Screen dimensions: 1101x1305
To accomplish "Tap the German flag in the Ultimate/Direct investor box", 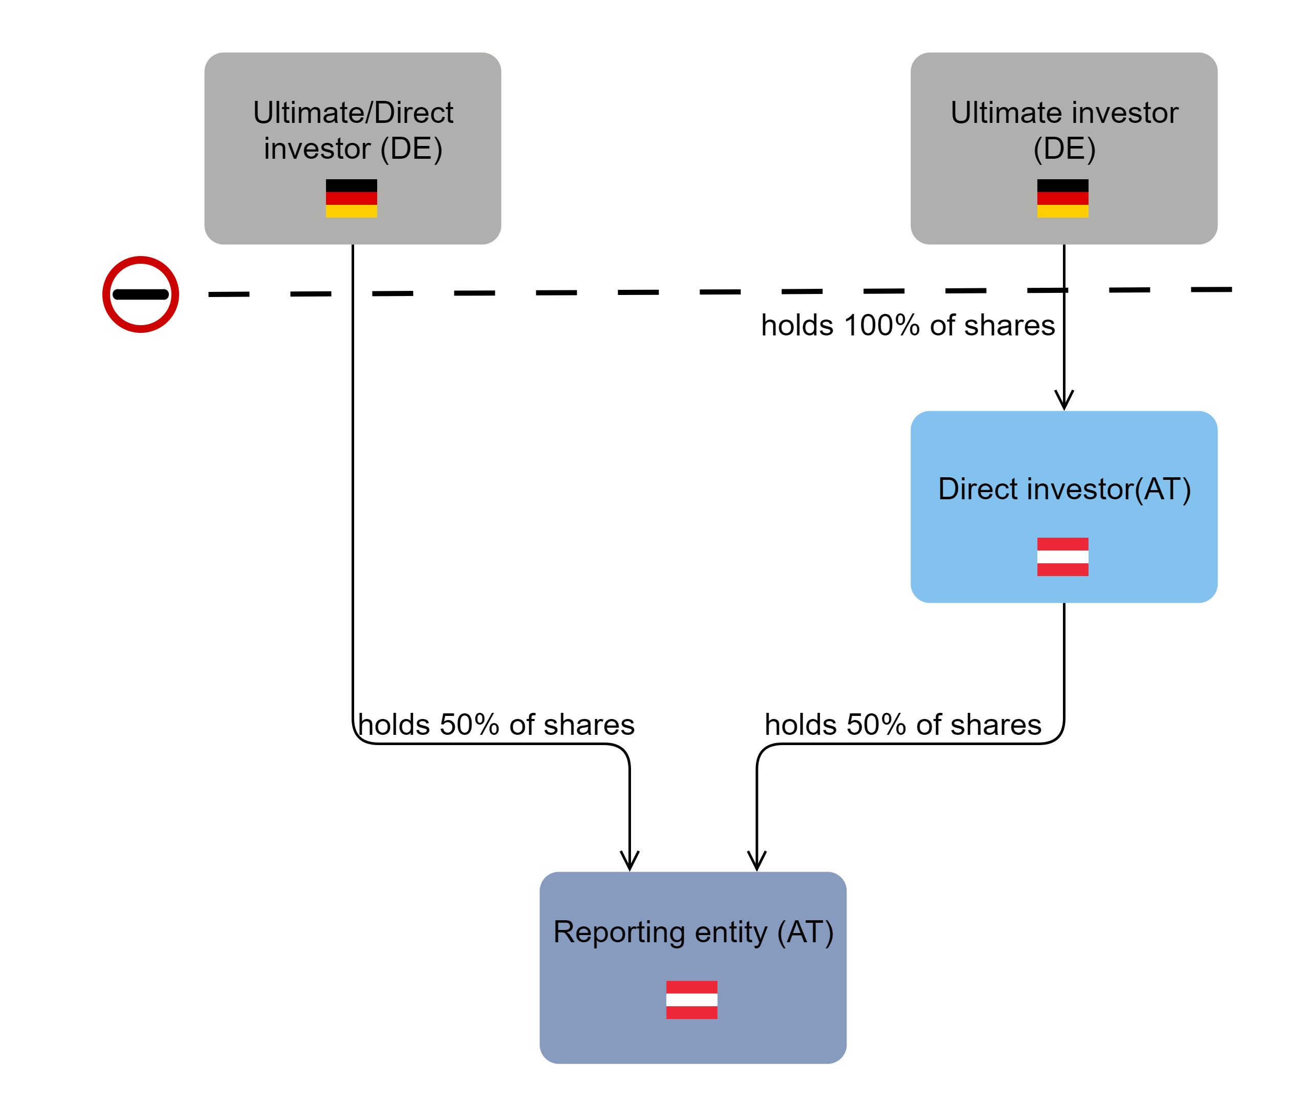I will pyautogui.click(x=351, y=199).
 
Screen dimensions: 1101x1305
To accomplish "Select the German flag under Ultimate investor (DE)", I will pyautogui.click(x=1062, y=199).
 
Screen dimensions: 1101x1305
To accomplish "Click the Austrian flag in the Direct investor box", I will pyautogui.click(x=1062, y=557).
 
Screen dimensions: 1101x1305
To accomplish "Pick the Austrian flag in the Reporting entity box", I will pyautogui.click(x=691, y=1000).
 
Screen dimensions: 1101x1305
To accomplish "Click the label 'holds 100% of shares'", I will pyautogui.click(x=908, y=326).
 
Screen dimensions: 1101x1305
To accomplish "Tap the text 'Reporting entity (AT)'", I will pyautogui.click(x=693, y=932).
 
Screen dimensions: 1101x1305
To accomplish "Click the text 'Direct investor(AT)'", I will pyautogui.click(x=1064, y=489).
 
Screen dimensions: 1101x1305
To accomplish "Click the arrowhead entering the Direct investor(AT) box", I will pyautogui.click(x=1063, y=399).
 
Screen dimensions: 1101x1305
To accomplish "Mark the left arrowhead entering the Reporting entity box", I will pyautogui.click(x=629, y=861).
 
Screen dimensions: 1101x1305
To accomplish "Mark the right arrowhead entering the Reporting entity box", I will pyautogui.click(x=757, y=861).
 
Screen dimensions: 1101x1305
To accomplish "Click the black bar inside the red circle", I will pyautogui.click(x=140, y=294).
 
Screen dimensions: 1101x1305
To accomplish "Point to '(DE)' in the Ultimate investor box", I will pyautogui.click(x=1064, y=149).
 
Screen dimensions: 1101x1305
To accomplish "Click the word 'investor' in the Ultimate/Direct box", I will pyautogui.click(x=317, y=149).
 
